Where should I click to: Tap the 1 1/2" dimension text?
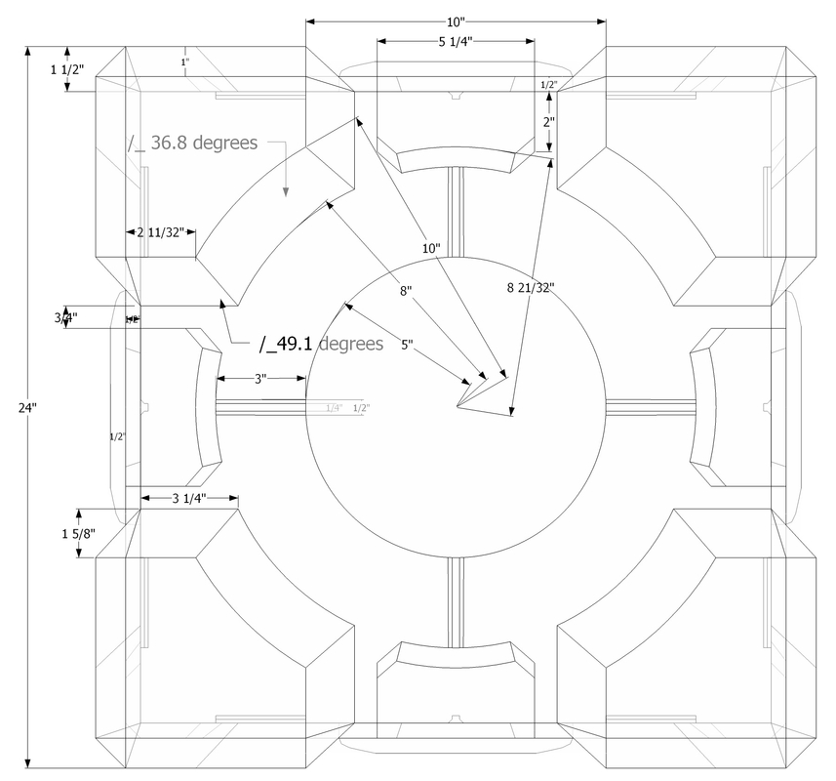pos(66,69)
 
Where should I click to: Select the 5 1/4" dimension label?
pos(456,41)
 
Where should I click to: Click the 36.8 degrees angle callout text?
pos(193,143)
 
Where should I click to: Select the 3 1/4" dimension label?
pos(189,499)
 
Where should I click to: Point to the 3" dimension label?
pos(260,379)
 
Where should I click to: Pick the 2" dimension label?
pos(550,123)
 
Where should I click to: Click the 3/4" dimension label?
pos(66,317)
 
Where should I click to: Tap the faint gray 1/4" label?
pos(335,407)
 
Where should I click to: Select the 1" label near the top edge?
pos(184,62)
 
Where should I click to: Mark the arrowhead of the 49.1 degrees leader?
pos(224,304)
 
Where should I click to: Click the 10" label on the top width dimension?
pos(456,21)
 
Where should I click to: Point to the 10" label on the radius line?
pos(431,249)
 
